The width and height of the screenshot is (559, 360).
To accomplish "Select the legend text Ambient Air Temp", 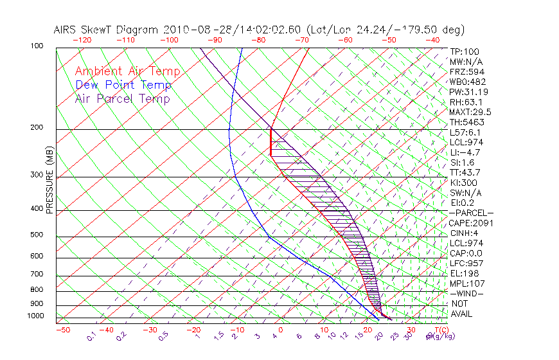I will (x=128, y=71).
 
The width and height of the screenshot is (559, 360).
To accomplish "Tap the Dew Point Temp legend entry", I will (x=123, y=85).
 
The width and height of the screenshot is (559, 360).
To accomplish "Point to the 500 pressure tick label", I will (x=37, y=235).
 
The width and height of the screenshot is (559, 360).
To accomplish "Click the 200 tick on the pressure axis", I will (x=37, y=127).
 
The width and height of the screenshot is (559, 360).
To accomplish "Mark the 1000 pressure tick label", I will (x=35, y=316).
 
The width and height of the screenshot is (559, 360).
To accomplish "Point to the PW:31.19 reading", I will (x=468, y=92).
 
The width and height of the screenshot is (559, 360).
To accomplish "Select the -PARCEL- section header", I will (x=471, y=213).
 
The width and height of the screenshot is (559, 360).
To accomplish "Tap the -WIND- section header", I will (x=467, y=293).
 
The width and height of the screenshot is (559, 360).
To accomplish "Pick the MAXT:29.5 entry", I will (x=470, y=112).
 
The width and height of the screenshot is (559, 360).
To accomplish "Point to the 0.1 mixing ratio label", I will (x=91, y=336).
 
